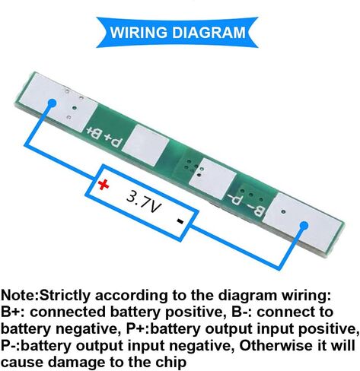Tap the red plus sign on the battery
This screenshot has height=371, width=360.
click(x=104, y=185)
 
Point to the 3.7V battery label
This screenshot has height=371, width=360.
click(x=144, y=202)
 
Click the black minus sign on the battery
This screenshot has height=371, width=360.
click(x=180, y=221)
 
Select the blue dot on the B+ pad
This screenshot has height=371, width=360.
click(x=52, y=103)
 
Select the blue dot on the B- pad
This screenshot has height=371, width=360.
click(x=304, y=226)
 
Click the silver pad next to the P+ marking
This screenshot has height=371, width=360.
click(x=145, y=145)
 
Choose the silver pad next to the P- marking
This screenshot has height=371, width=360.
click(x=213, y=179)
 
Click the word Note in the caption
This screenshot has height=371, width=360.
click(x=19, y=295)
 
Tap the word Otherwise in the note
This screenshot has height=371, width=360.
click(x=276, y=345)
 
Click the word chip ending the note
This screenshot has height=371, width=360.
click(x=171, y=363)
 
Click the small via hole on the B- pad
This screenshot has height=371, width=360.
click(x=284, y=211)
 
